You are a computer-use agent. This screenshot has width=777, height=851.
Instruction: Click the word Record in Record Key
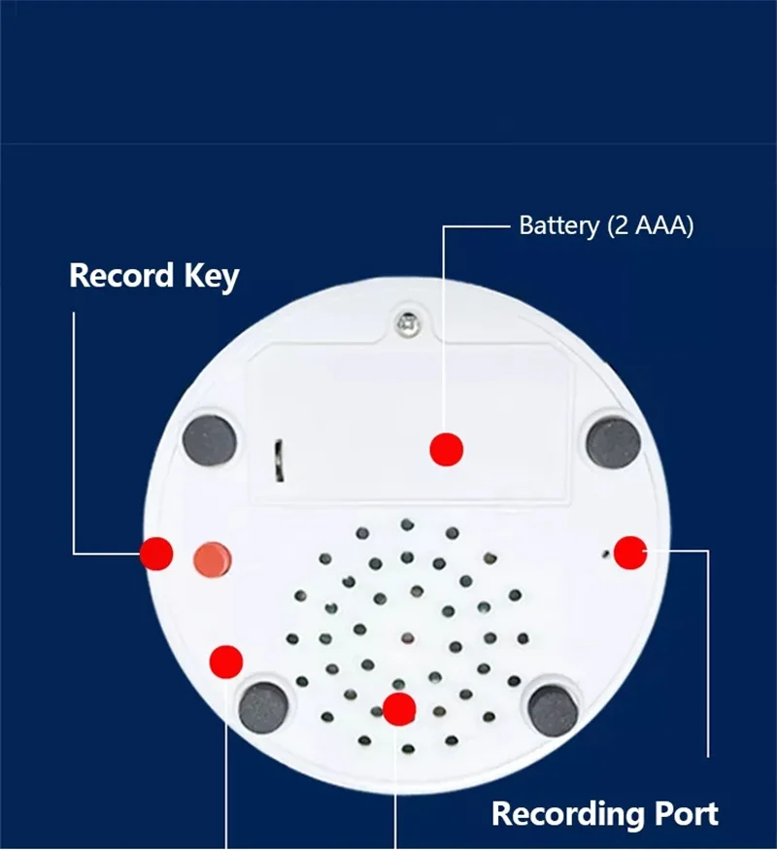coord(121,276)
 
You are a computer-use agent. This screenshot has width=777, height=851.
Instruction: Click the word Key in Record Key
coord(211,277)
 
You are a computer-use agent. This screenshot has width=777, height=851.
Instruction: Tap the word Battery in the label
coord(558,226)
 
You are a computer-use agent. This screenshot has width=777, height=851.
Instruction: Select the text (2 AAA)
coord(650,226)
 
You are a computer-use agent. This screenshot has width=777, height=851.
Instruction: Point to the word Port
coord(684,813)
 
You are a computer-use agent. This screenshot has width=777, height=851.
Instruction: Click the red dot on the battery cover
coord(447,449)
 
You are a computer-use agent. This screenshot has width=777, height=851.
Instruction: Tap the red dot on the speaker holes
coord(399,709)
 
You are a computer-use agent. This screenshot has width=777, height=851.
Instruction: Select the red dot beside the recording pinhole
coord(630,552)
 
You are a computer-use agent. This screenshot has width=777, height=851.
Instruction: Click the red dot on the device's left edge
coord(156,553)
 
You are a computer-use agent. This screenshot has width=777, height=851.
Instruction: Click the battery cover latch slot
coord(279,460)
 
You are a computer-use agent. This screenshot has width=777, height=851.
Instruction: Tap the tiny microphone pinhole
coord(606,555)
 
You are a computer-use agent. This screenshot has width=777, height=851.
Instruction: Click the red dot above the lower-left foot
coord(226,662)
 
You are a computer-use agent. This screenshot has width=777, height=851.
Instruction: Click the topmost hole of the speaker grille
coord(407,525)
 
